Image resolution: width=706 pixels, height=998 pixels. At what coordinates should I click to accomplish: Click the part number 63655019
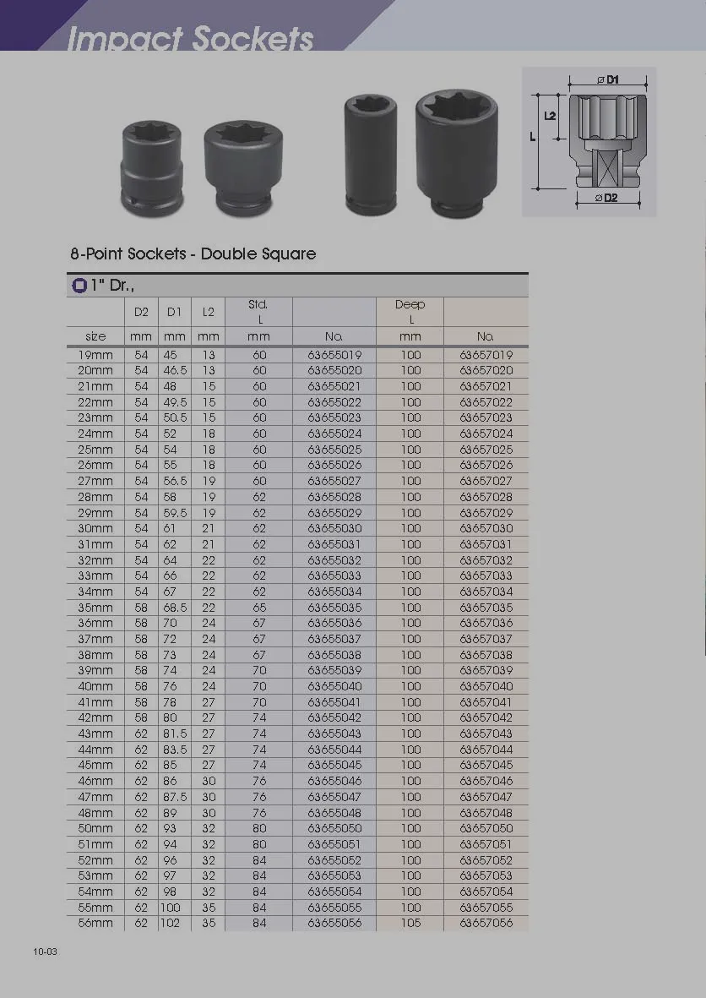pyautogui.click(x=334, y=355)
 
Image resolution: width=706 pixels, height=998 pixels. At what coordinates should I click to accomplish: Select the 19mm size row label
pyautogui.click(x=95, y=355)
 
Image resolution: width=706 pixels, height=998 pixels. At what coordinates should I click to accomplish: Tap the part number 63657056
pyautogui.click(x=486, y=923)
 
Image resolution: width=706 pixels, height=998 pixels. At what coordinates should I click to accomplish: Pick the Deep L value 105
pyautogui.click(x=411, y=923)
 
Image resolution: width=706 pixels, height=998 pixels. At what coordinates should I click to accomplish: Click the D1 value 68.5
pyautogui.click(x=175, y=608)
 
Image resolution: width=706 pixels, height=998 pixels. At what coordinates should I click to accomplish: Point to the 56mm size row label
pyautogui.click(x=95, y=923)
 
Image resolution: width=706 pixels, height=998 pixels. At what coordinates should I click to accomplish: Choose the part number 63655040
pyautogui.click(x=334, y=686)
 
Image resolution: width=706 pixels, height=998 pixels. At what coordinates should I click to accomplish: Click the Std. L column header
pyautogui.click(x=258, y=312)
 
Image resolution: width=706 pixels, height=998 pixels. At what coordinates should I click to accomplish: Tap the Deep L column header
pyautogui.click(x=410, y=312)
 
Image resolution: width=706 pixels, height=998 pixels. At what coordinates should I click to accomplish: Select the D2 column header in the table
pyautogui.click(x=141, y=312)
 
